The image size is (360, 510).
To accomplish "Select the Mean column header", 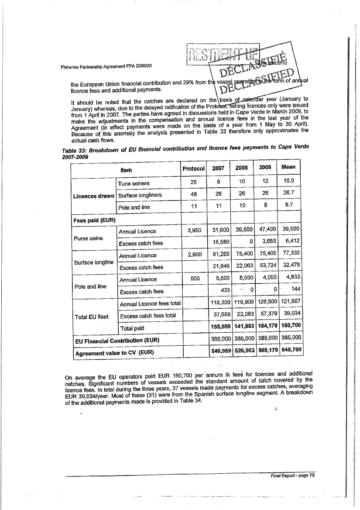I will (x=288, y=167).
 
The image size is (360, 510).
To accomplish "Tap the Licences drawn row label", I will (x=93, y=196).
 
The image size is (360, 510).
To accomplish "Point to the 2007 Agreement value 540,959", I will (x=221, y=350).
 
